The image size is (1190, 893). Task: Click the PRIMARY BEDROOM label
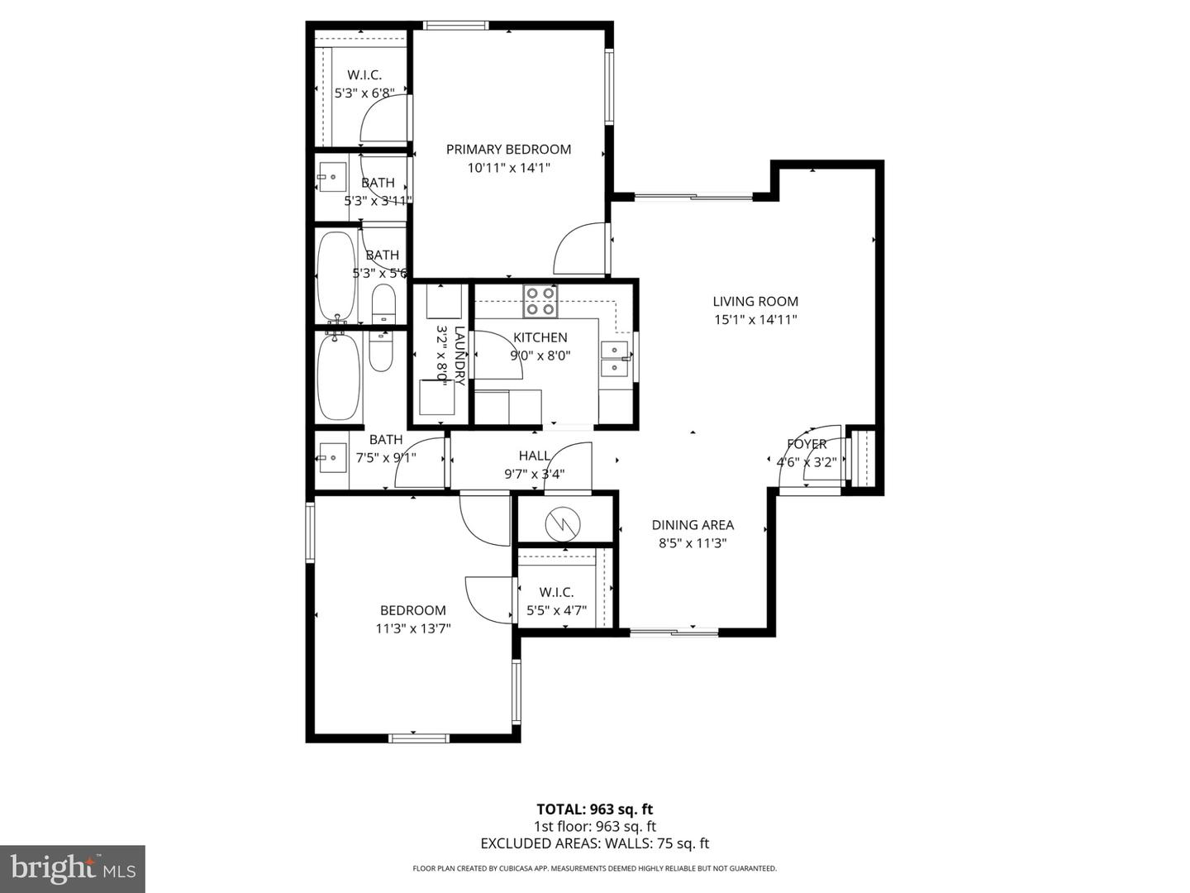click(508, 150)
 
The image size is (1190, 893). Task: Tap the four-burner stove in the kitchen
click(540, 302)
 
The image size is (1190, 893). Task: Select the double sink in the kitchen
click(614, 359)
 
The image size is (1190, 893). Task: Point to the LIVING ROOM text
click(755, 302)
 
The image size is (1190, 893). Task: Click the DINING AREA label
click(693, 525)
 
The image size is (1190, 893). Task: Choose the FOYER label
click(807, 444)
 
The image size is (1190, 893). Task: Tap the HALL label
click(535, 456)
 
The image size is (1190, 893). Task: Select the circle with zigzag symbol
click(563, 522)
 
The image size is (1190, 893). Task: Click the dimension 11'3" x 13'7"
click(413, 628)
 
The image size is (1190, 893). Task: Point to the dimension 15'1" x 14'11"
click(755, 320)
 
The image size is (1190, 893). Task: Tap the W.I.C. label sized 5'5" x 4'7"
click(556, 592)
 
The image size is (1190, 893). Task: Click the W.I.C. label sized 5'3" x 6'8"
click(364, 75)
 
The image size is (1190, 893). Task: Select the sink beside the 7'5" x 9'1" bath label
click(332, 457)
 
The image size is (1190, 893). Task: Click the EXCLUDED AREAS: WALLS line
click(595, 843)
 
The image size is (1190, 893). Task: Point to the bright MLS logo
click(73, 868)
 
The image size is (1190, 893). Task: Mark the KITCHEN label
click(540, 337)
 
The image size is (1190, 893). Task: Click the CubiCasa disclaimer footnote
click(595, 868)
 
